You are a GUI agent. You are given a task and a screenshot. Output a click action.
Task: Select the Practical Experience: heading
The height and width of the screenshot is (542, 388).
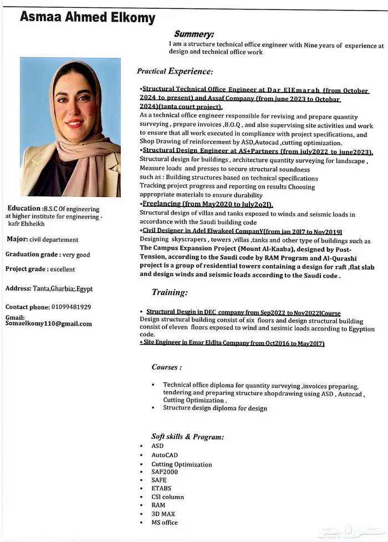coord(175,72)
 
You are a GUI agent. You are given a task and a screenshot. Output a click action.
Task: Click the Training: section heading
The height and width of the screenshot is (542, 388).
coord(170,292)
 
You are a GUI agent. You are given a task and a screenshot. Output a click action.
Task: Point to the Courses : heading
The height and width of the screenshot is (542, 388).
coord(166,367)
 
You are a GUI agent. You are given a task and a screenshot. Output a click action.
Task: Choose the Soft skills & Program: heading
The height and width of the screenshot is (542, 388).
coord(187,437)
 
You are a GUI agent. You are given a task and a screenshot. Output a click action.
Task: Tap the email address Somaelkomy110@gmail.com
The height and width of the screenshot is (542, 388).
coord(49,324)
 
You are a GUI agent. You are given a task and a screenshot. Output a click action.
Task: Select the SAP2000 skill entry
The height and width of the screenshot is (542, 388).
coord(165,472)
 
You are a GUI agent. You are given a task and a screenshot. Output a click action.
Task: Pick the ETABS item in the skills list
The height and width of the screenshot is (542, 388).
coord(161,489)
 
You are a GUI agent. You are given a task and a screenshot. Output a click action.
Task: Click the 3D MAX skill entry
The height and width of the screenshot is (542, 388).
coord(163,514)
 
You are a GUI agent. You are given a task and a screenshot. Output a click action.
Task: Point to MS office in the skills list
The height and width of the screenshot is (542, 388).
coord(165,522)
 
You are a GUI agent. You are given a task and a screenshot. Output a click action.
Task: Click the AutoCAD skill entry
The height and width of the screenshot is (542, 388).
coord(165,455)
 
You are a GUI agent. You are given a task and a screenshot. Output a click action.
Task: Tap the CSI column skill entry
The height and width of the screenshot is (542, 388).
coord(167,497)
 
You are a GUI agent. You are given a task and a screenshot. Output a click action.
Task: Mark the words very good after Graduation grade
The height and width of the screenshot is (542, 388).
coord(76,255)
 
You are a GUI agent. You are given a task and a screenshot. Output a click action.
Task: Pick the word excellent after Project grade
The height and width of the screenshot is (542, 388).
coord(62,269)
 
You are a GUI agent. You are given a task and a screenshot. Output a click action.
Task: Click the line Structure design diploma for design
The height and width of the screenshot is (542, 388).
coord(215,408)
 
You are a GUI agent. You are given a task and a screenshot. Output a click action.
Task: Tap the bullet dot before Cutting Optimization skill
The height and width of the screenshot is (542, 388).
coord(144,464)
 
